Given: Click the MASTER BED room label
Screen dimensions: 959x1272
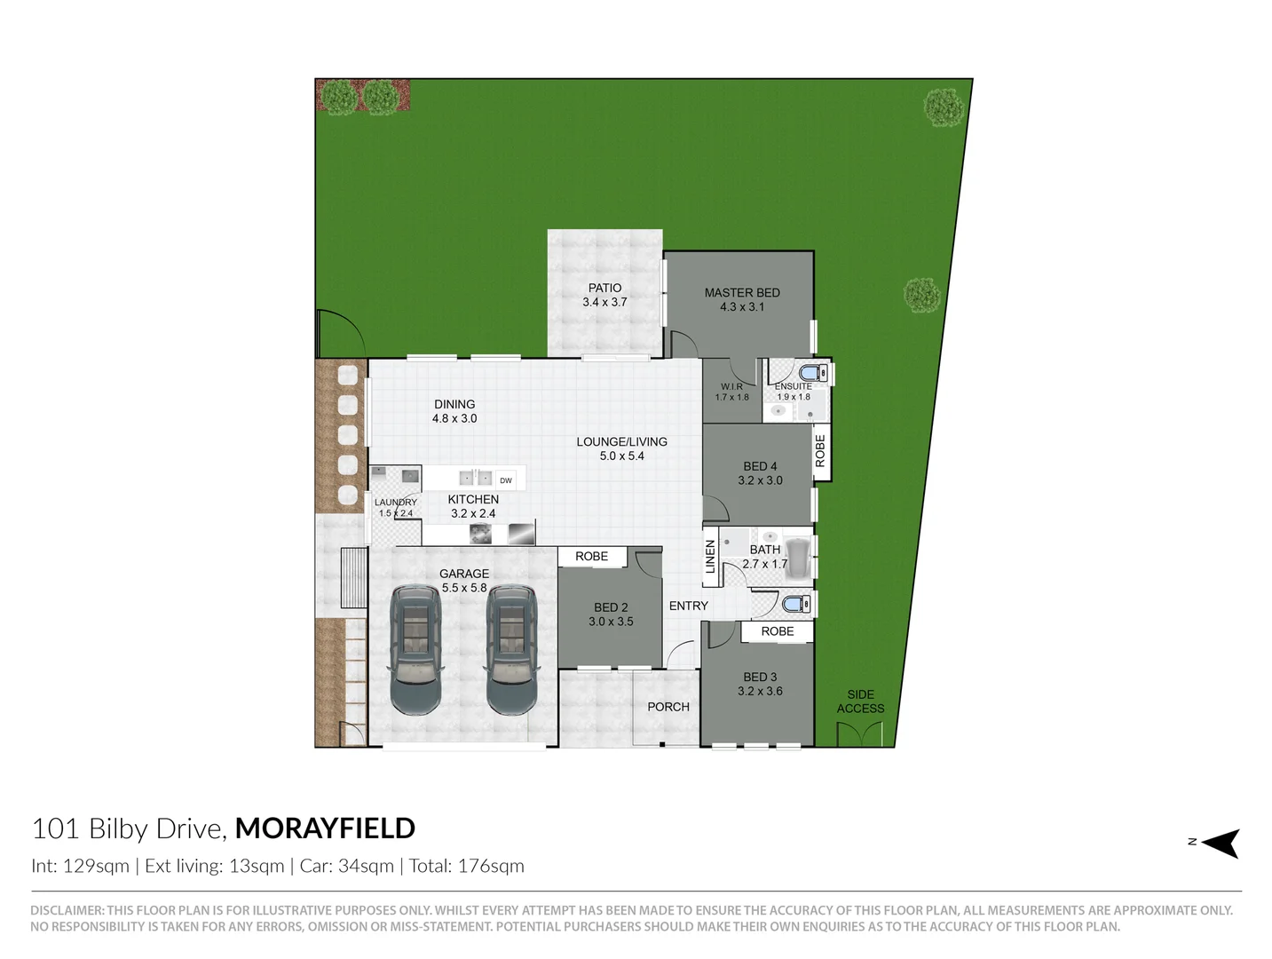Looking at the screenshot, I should click(742, 293).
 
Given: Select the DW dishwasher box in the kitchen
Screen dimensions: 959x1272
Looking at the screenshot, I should click(506, 480).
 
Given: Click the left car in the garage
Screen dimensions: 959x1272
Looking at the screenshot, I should click(415, 648).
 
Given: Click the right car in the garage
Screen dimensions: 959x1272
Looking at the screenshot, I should click(510, 648).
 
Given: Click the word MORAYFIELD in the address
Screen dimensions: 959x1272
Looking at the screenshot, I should click(325, 828).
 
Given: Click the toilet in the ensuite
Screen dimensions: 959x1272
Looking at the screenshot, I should click(812, 374).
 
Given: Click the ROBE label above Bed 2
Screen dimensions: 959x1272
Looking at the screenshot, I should click(592, 557).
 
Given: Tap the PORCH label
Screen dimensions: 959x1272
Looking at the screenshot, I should click(668, 707).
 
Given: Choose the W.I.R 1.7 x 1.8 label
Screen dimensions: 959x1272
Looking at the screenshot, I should click(731, 392).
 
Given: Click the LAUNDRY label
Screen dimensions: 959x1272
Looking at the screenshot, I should click(395, 503).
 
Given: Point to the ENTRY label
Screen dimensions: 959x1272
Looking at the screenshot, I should click(689, 606).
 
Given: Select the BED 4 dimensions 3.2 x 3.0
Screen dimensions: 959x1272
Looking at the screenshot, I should click(760, 480).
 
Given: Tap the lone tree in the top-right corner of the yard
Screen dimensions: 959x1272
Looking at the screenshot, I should click(943, 107).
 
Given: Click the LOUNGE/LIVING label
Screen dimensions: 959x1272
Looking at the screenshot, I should click(621, 442).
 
